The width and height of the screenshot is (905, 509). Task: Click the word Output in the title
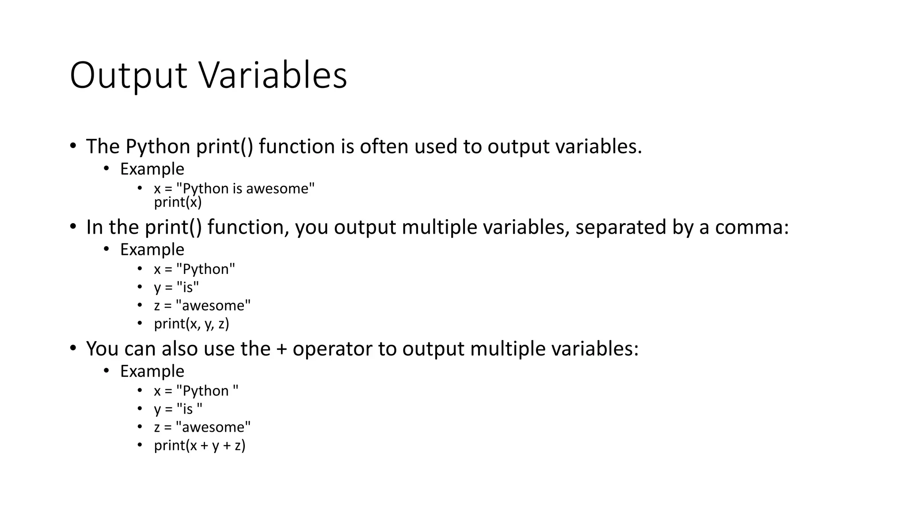pos(128,76)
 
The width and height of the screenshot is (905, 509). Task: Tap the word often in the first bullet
pos(384,146)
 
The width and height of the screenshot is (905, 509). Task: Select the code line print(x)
pos(178,202)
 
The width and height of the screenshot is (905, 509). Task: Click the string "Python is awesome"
pos(245,188)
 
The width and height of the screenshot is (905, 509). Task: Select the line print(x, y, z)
pos(191,324)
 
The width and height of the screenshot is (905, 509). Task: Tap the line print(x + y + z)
pos(199,445)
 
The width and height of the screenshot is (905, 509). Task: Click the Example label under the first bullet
pos(152,169)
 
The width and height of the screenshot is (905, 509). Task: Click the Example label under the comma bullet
pos(152,250)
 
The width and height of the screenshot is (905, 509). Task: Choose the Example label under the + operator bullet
pos(152,371)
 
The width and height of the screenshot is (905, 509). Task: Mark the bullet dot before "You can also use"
pos(73,348)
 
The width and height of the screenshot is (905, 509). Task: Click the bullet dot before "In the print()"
pos(73,226)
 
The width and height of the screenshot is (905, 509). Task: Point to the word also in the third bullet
pos(179,349)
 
